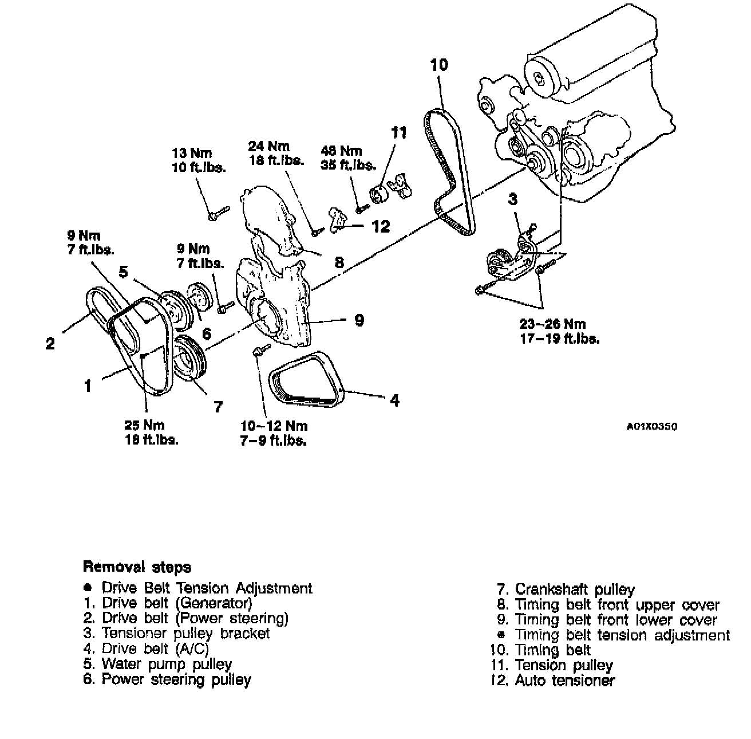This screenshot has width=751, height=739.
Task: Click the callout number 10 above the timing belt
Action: pos(439,65)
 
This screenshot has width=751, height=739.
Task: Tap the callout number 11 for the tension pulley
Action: pos(399,133)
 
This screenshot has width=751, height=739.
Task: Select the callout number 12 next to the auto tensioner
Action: pos(380,226)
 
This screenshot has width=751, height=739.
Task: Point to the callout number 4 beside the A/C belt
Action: pos(394,400)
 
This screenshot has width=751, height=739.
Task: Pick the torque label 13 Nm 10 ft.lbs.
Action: pos(199,160)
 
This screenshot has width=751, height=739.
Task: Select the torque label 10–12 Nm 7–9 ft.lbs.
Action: pos(274,433)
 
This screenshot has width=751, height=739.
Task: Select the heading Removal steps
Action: pos(137,567)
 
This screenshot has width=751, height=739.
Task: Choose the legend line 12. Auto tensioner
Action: pos(552,681)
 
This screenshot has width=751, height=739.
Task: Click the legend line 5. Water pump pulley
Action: pos(157,665)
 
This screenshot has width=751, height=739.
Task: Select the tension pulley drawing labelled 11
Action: pos(380,195)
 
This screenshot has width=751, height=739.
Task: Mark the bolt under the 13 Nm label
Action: pos(218,213)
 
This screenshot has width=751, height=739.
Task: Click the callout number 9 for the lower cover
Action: pos(359,320)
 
